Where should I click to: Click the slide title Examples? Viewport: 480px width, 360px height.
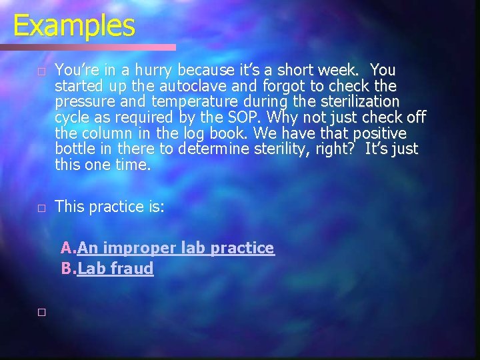tap(74, 26)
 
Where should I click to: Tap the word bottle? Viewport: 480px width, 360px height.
tap(75, 149)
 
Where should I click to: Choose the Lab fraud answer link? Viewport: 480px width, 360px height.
tap(115, 269)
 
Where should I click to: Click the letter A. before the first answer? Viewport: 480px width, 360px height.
tap(68, 248)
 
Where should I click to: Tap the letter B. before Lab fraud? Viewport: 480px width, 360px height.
tap(68, 269)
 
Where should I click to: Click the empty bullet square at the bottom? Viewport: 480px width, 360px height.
tap(41, 312)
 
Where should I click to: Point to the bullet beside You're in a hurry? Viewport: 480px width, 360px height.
tap(41, 71)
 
